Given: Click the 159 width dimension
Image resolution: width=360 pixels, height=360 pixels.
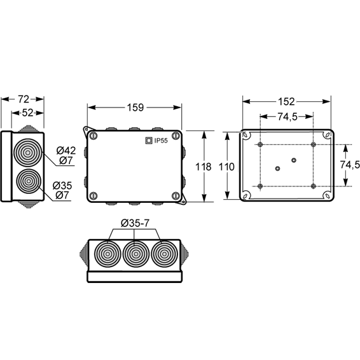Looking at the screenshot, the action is tap(135, 107).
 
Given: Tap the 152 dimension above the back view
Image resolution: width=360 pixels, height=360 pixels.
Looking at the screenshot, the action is tap(286, 102).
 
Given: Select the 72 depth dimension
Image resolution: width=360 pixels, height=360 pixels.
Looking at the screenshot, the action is tap(24, 99).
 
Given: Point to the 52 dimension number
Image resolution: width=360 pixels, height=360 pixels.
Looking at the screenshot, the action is tap(27, 113).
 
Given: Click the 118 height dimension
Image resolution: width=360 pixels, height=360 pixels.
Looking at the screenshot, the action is tap(203, 167).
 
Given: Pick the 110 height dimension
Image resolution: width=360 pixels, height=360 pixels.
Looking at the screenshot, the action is tap(226, 167).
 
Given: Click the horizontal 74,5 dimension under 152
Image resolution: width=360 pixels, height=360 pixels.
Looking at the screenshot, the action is tap(287, 117).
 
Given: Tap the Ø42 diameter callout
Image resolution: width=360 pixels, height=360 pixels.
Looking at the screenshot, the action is tap(66, 150).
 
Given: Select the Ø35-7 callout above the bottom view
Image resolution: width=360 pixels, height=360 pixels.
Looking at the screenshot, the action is tap(135, 223).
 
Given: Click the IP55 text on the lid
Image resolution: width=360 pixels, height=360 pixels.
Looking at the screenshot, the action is tap(161, 141).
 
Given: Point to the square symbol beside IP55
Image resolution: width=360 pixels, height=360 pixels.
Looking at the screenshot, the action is tap(149, 141).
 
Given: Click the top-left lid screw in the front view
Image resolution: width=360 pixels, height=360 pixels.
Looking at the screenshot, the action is tap(93, 135).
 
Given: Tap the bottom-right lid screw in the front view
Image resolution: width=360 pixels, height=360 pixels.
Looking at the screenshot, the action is tap(176, 196).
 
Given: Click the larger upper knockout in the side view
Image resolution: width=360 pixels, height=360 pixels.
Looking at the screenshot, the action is tap(28, 153).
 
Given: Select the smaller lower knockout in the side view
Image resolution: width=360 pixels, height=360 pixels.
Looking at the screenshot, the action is tap(29, 181).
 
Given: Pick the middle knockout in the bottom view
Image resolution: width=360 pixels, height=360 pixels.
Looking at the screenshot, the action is tap(136, 254).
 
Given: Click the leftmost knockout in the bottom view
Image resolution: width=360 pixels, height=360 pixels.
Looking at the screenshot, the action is tap(107, 254).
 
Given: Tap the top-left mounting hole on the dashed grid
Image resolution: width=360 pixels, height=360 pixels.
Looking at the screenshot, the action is tap(260, 144).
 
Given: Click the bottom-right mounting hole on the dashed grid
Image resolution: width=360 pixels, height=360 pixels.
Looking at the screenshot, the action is tap(313, 186).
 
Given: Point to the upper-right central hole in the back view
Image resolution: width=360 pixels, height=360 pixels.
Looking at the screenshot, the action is tap(294, 160).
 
